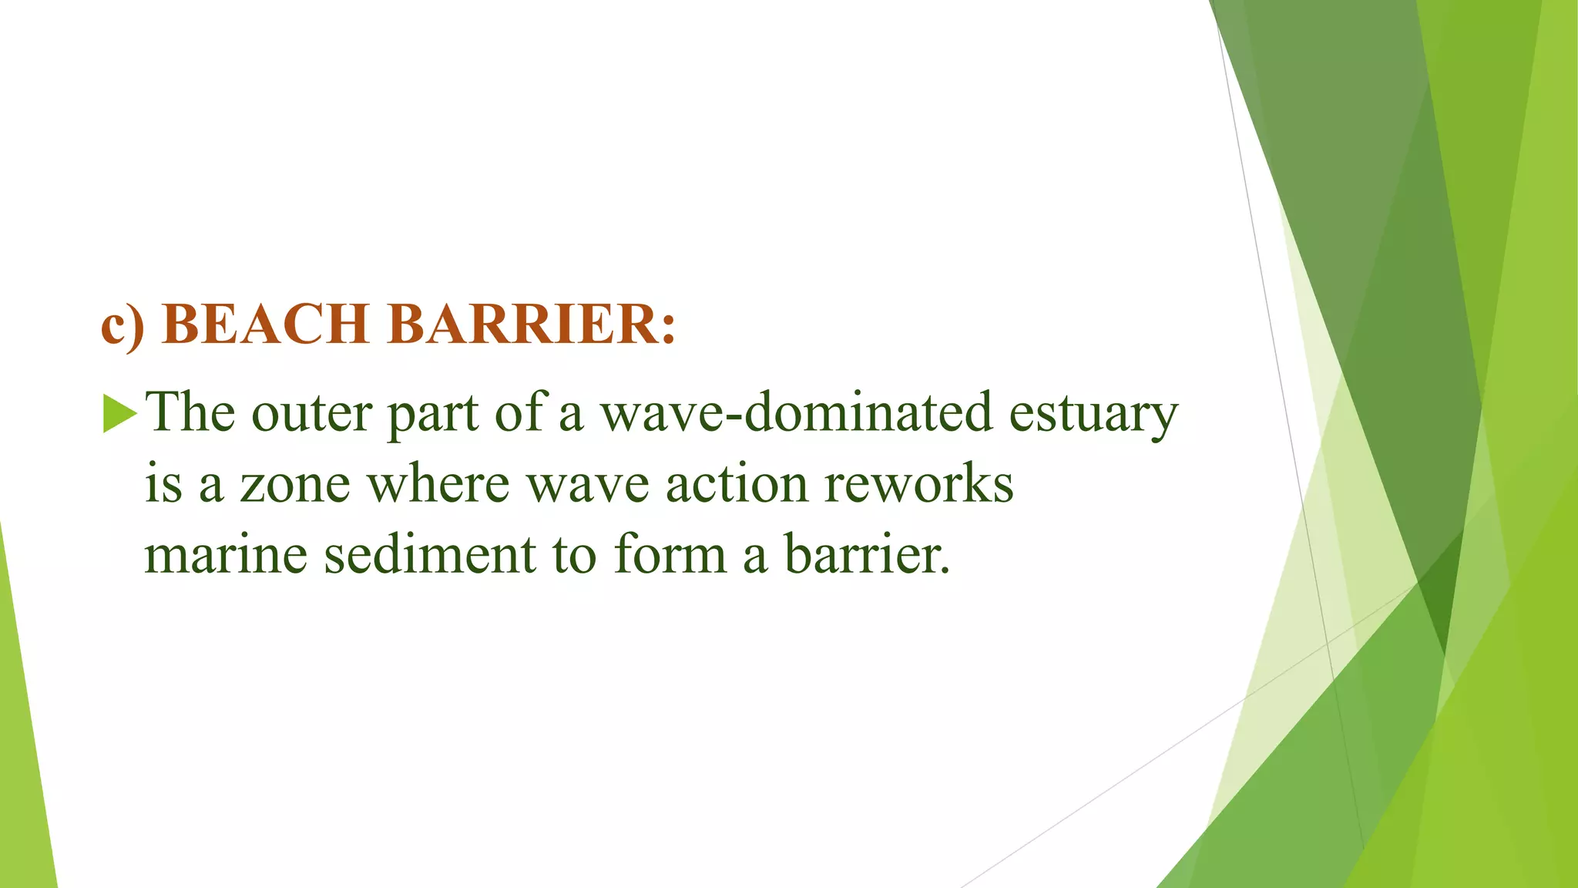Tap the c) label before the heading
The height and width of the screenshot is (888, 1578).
pos(123,325)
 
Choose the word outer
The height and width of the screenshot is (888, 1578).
pos(312,413)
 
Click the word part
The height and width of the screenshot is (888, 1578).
pos(432,415)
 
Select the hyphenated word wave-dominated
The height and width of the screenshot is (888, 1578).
pos(796,412)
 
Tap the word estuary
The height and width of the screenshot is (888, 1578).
pos(1093,415)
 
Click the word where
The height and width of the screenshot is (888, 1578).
pos(438,483)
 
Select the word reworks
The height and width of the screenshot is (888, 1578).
pos(918,484)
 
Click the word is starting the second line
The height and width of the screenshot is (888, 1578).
pos(163,484)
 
